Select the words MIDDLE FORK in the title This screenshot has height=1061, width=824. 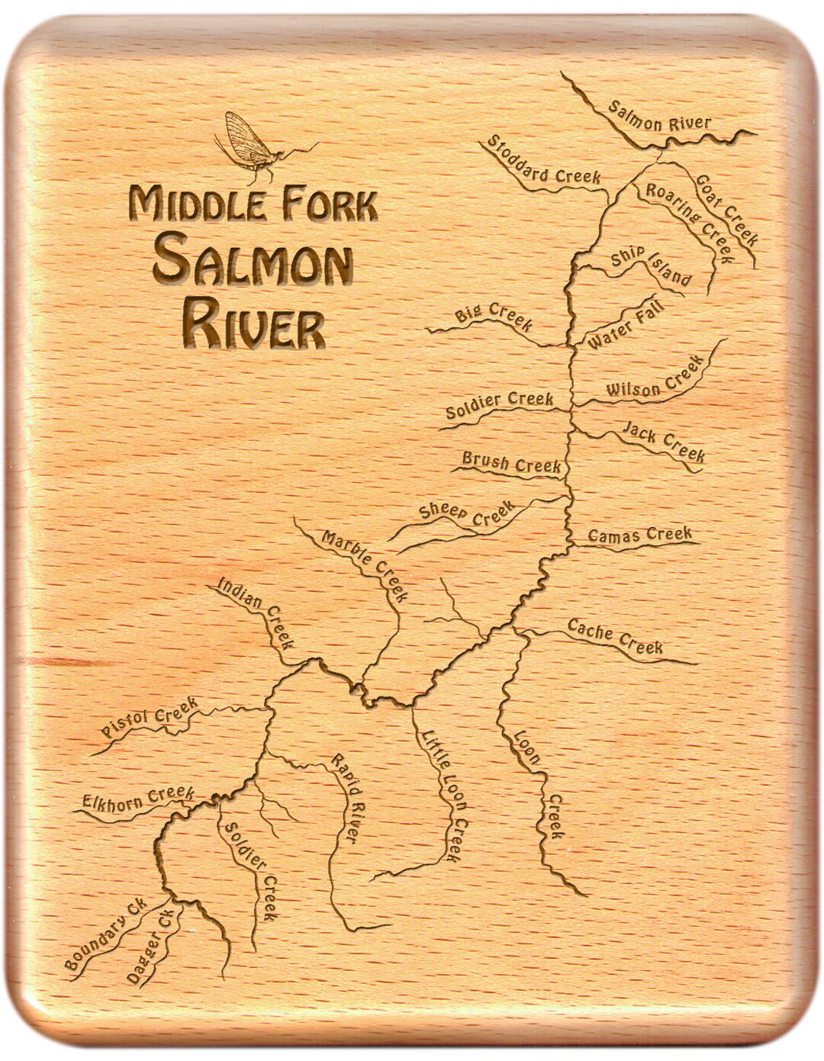coord(253,205)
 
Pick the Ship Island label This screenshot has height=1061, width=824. coord(651,266)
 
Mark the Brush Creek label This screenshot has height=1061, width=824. coord(511,462)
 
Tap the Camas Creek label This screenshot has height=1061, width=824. coord(639,535)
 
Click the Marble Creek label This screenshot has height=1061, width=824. coord(365,564)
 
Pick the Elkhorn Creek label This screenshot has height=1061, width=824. coord(138,798)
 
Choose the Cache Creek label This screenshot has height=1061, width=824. coord(615,638)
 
